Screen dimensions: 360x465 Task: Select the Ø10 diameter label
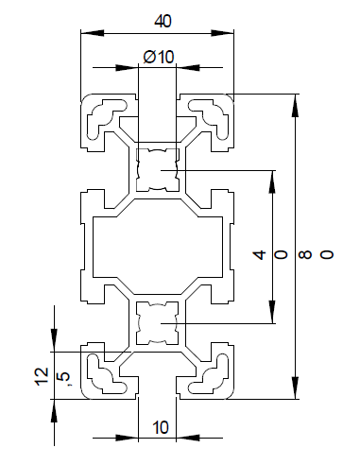coord(159,57)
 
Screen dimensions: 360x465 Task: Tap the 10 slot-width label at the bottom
coord(159,427)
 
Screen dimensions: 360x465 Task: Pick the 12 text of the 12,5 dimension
coord(41,377)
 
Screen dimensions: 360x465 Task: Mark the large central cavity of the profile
coord(158,247)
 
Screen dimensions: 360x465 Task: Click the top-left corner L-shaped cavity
coord(107,118)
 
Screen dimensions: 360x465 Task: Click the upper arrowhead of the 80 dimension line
coord(297,101)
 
